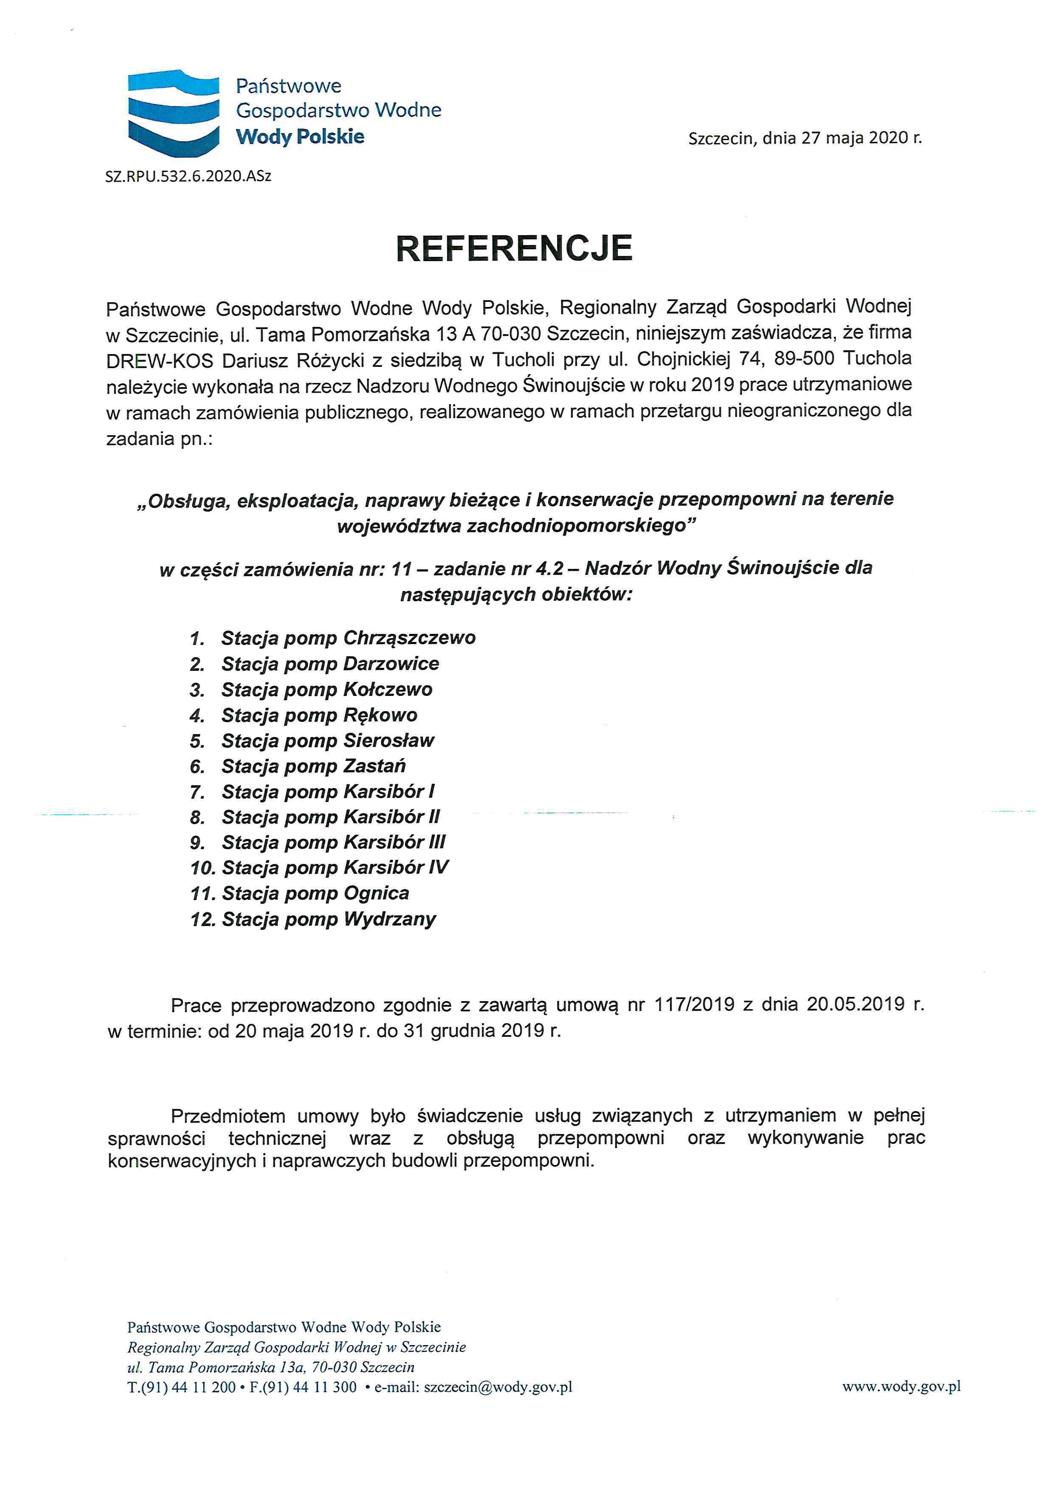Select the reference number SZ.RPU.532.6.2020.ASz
(188, 176)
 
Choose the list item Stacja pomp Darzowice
(330, 664)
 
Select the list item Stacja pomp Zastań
(313, 766)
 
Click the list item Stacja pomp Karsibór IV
(335, 868)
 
